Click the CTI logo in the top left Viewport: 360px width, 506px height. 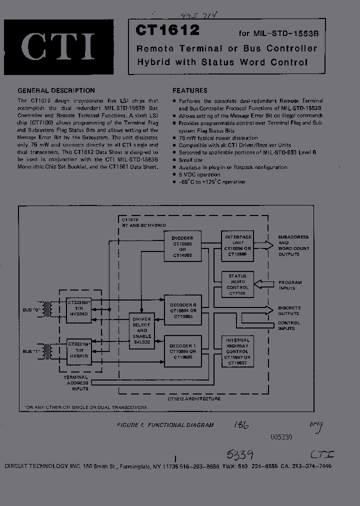pyautogui.click(x=58, y=46)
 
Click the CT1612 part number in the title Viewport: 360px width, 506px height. pyautogui.click(x=167, y=31)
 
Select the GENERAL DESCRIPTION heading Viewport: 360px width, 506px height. pyautogui.click(x=56, y=90)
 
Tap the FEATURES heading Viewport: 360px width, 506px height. pyautogui.click(x=190, y=90)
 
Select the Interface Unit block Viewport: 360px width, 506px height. pyautogui.click(x=238, y=245)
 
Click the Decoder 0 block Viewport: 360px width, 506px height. pyautogui.click(x=182, y=310)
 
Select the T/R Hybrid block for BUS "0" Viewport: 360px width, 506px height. pyautogui.click(x=79, y=308)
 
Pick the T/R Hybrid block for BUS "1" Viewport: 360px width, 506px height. pyautogui.click(x=79, y=350)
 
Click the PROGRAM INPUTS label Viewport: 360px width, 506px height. pyautogui.click(x=290, y=285)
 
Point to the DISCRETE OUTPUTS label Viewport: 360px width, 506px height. pyautogui.click(x=289, y=310)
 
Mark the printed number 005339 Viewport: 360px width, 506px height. pyautogui.click(x=281, y=436)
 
